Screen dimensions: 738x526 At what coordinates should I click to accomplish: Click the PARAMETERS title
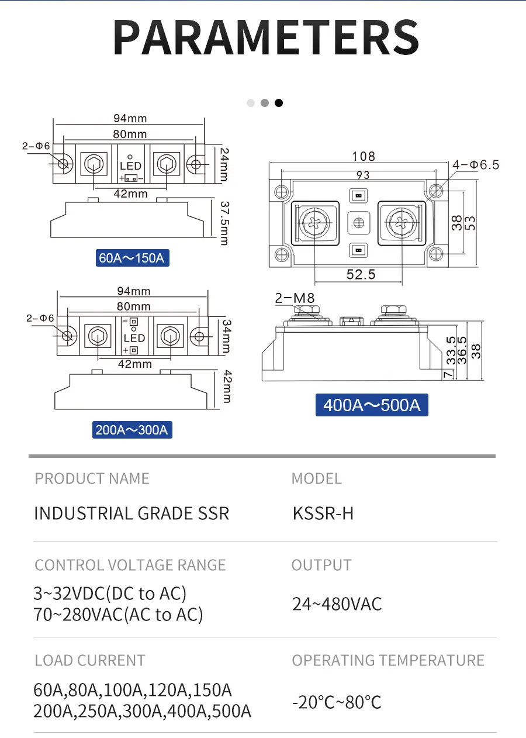(x=266, y=37)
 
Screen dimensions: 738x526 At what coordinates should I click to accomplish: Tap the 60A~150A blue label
(x=132, y=257)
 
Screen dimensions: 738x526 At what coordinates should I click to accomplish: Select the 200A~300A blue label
(x=132, y=430)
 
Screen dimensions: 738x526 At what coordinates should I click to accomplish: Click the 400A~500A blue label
(x=372, y=405)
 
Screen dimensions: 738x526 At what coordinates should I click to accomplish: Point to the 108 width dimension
(x=363, y=156)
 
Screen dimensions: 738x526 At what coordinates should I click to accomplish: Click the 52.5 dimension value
(x=360, y=274)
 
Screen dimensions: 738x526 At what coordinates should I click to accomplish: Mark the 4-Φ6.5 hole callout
(x=476, y=165)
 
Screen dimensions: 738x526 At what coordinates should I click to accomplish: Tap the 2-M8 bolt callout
(x=295, y=298)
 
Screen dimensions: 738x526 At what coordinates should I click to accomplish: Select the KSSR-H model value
(x=323, y=513)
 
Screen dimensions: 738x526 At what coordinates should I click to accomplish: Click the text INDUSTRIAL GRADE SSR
(x=131, y=513)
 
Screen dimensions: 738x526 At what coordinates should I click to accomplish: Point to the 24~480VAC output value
(x=337, y=604)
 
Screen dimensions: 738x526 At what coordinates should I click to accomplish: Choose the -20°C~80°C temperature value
(x=337, y=702)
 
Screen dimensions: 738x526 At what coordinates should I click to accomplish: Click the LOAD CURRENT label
(x=89, y=661)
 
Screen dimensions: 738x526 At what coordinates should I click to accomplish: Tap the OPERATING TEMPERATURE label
(x=388, y=661)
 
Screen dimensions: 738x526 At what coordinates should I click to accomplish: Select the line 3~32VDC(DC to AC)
(x=110, y=594)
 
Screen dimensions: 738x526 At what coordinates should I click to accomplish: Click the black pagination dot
(x=279, y=103)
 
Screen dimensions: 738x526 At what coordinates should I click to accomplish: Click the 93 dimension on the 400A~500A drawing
(x=362, y=175)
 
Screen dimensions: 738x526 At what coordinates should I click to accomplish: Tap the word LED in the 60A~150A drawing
(x=130, y=167)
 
